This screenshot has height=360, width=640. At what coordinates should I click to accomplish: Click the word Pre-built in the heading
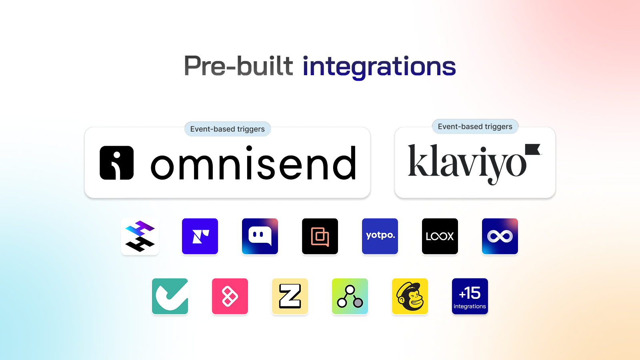point(238,66)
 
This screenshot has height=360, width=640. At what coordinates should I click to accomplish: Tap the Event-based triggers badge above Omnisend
point(228,129)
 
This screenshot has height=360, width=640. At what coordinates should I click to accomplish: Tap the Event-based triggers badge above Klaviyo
point(475,126)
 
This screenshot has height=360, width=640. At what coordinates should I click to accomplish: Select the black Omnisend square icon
point(116,163)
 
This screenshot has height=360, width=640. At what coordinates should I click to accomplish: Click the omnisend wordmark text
point(254,163)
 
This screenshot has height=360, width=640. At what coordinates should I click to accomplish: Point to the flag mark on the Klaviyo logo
point(532,150)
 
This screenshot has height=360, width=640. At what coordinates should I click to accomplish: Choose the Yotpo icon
point(380,236)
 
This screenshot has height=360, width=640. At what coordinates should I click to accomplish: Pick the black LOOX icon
point(440,236)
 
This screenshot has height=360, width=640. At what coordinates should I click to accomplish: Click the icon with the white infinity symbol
point(500,236)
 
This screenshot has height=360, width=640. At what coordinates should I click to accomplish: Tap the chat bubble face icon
point(260,236)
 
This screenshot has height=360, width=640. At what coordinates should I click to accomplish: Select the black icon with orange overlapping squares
point(320,236)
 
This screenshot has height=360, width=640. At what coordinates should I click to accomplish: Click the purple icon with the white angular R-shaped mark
point(200,236)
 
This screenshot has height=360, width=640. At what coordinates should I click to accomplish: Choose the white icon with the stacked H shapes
point(140,236)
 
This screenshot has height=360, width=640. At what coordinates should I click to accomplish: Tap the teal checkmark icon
point(170,296)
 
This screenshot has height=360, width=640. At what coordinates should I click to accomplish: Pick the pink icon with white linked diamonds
point(230,296)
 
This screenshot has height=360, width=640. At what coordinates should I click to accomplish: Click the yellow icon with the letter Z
point(290,296)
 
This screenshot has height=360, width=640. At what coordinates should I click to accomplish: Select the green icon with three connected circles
point(350,296)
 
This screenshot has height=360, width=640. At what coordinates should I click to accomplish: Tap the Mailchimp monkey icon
point(410,296)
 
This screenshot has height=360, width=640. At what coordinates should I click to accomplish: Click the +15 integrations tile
point(470,296)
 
